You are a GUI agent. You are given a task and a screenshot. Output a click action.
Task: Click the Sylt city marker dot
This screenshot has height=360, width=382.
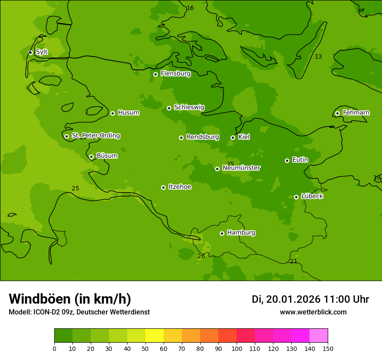pyautogui.click(x=30, y=52)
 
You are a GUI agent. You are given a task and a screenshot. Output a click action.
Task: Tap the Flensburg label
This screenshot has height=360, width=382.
pyautogui.click(x=175, y=74)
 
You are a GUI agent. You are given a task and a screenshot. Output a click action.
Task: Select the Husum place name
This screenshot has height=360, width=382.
pyautogui.click(x=128, y=113)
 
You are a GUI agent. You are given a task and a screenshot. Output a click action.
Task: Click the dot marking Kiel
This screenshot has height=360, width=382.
pyautogui.click(x=233, y=137)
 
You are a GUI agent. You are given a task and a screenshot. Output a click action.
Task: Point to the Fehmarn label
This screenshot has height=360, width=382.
pyautogui.click(x=356, y=113)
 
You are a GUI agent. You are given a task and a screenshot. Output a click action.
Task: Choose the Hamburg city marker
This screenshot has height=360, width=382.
pyautogui.click(x=222, y=233)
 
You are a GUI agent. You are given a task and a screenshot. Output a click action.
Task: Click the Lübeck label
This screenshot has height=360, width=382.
pyautogui.click(x=312, y=196)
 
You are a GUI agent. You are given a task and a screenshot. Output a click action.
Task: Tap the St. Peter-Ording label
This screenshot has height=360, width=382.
pyautogui.click(x=95, y=136)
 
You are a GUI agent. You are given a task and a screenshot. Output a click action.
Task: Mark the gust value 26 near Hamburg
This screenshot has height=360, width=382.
pyautogui.click(x=201, y=256)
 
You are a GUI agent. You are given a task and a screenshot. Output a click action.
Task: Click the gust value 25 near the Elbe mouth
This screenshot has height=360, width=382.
pyautogui.click(x=75, y=188)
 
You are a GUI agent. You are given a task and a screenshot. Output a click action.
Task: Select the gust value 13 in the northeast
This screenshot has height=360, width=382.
pyautogui.click(x=318, y=57)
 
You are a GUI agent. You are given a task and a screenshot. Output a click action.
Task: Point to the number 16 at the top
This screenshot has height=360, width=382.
pyautogui.click(x=190, y=8)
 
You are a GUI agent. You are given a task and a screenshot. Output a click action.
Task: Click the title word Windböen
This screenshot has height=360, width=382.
pyautogui.click(x=39, y=299)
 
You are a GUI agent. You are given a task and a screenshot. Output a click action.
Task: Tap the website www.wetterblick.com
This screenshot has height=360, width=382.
pyautogui.click(x=313, y=312)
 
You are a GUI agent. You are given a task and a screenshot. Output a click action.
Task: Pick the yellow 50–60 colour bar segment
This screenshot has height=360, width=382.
pyautogui.click(x=155, y=336)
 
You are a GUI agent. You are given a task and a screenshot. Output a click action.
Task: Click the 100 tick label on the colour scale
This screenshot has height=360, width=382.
pyautogui.click(x=237, y=348)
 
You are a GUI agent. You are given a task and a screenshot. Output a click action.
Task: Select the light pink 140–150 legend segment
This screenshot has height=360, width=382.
pyautogui.click(x=319, y=336)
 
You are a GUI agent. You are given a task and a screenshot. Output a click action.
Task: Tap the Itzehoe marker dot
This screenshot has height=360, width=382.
pyautogui.click(x=163, y=187)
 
